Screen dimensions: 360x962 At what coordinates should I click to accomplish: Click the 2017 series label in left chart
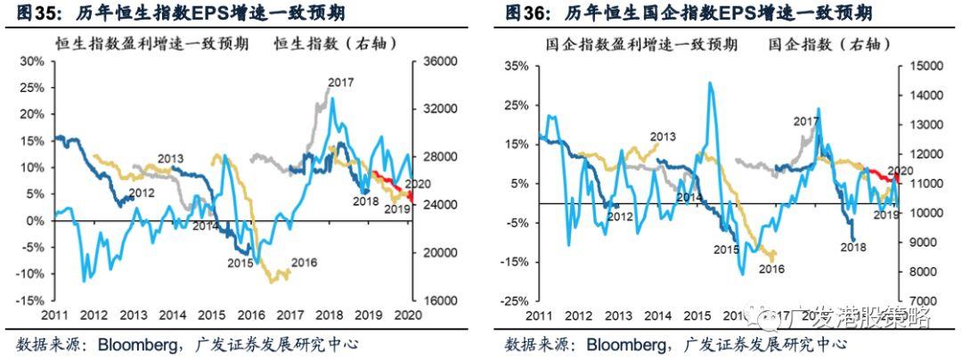340,83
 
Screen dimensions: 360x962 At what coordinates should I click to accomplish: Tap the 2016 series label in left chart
305,263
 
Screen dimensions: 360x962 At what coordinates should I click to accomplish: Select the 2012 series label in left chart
143,192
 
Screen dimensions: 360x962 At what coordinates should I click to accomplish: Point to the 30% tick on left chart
31,61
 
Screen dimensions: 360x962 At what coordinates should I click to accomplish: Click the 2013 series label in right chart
663,137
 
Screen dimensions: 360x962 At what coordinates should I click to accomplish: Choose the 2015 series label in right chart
727,250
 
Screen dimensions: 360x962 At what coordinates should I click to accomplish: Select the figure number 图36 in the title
524,13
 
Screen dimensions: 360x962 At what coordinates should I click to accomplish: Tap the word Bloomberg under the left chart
127,344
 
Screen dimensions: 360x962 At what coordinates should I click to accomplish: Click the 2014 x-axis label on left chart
173,315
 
